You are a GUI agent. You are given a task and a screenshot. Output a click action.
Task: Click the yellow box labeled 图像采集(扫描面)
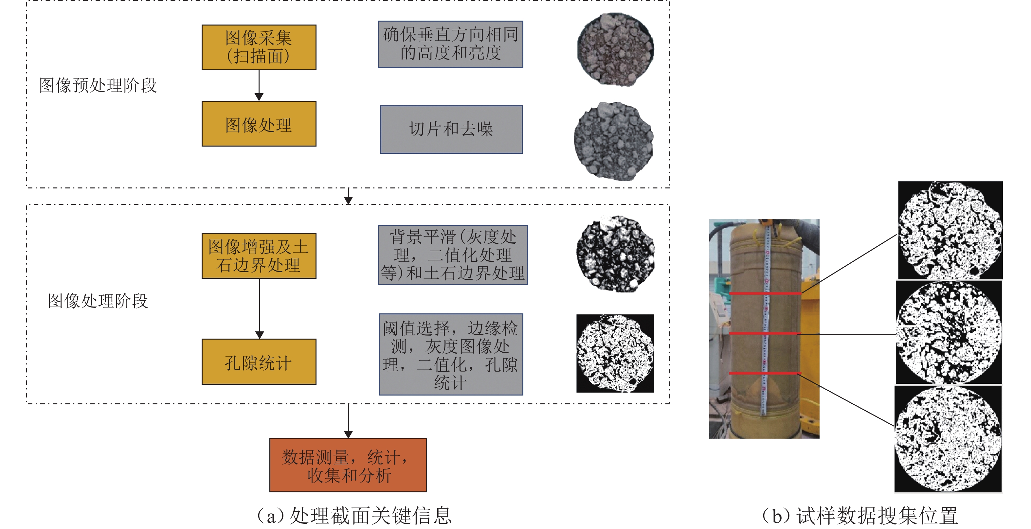[x=259, y=47]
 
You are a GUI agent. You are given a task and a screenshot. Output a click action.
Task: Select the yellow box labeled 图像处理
[x=259, y=124]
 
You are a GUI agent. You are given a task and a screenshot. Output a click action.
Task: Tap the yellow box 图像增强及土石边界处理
[x=259, y=256]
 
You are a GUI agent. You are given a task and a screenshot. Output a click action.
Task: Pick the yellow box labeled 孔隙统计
[x=259, y=362]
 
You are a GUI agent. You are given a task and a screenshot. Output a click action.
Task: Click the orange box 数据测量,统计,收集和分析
[x=348, y=465]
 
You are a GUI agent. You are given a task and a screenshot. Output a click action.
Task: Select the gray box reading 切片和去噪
[x=451, y=129]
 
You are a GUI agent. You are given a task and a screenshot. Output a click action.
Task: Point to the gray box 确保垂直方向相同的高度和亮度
[x=450, y=44]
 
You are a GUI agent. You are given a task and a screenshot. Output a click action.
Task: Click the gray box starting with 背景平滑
[x=453, y=255]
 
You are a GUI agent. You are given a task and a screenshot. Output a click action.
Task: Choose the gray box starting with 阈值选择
[x=451, y=355]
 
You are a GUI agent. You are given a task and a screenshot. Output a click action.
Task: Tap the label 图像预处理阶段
[x=98, y=85]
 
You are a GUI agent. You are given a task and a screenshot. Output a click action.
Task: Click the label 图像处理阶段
[x=98, y=301]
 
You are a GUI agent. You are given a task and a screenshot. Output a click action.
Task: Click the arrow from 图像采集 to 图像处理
[x=259, y=86]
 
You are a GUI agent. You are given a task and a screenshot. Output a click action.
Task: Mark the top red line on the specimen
[x=765, y=294]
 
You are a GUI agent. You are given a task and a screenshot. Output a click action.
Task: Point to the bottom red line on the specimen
[x=765, y=373]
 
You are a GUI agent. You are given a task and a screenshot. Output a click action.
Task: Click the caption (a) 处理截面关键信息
[x=354, y=515]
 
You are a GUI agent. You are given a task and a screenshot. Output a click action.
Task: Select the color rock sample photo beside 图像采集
[x=615, y=50]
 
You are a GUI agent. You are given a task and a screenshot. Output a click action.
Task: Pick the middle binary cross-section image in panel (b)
[x=949, y=332]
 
